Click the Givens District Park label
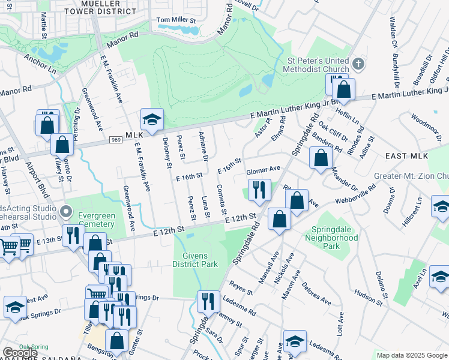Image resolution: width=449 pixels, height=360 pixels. click(x=194, y=259)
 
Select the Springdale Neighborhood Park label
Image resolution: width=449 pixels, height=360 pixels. click(x=335, y=234)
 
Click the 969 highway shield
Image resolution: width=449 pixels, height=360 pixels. click(x=116, y=140)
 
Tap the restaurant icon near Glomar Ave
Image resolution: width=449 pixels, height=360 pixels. click(x=259, y=190)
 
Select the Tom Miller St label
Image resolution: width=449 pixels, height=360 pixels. click(x=176, y=20)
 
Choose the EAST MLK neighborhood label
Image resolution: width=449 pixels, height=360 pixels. click(x=406, y=156)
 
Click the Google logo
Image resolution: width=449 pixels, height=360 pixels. click(x=20, y=353)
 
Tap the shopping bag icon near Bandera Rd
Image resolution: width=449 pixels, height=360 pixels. click(x=321, y=157)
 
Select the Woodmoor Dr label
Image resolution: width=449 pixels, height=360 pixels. click(x=426, y=124)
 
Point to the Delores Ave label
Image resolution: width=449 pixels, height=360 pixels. click(x=316, y=293)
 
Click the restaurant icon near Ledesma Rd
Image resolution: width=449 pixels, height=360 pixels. click(x=208, y=301)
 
